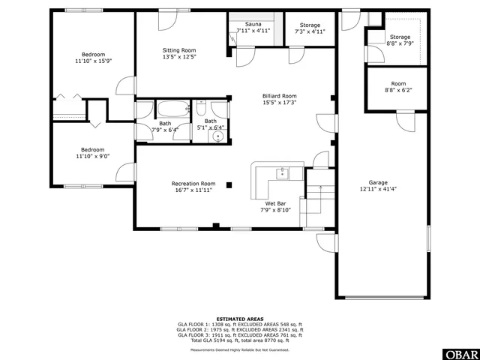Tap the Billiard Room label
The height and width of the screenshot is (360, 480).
pos(279,96)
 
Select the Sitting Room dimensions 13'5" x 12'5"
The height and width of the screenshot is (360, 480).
pos(178,56)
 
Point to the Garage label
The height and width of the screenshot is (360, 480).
pos(377,182)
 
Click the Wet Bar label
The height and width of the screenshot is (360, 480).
pos(275,203)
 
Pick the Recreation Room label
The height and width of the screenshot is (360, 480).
pos(193,184)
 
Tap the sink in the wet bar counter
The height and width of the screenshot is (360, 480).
pos(282,173)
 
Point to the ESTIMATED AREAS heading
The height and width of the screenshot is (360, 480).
pos(239,319)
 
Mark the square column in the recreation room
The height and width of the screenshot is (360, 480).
pos(230,184)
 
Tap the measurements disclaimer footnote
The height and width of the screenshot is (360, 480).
pos(239,349)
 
